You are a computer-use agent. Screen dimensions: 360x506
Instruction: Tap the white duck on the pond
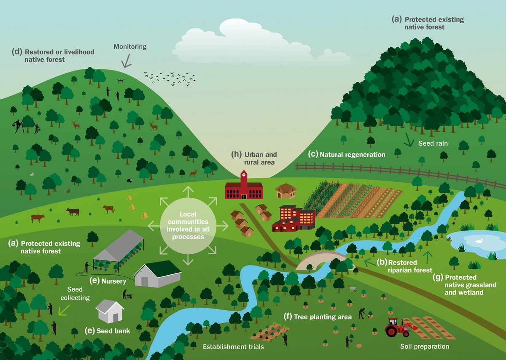click(479, 241)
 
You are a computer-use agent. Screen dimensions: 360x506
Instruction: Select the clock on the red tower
click(243, 175)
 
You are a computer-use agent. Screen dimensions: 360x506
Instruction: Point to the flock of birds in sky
click(170, 78)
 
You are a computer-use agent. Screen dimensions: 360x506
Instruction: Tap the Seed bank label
click(108, 331)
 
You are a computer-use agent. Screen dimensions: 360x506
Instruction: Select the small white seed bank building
click(110, 311)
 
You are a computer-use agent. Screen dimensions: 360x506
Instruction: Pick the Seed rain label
click(433, 143)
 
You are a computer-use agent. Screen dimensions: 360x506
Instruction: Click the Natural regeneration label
click(348, 155)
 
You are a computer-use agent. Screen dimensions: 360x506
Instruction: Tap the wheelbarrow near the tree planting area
click(353, 289)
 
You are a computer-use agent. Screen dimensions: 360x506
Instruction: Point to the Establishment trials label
click(233, 347)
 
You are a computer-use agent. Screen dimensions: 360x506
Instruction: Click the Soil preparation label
click(425, 346)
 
